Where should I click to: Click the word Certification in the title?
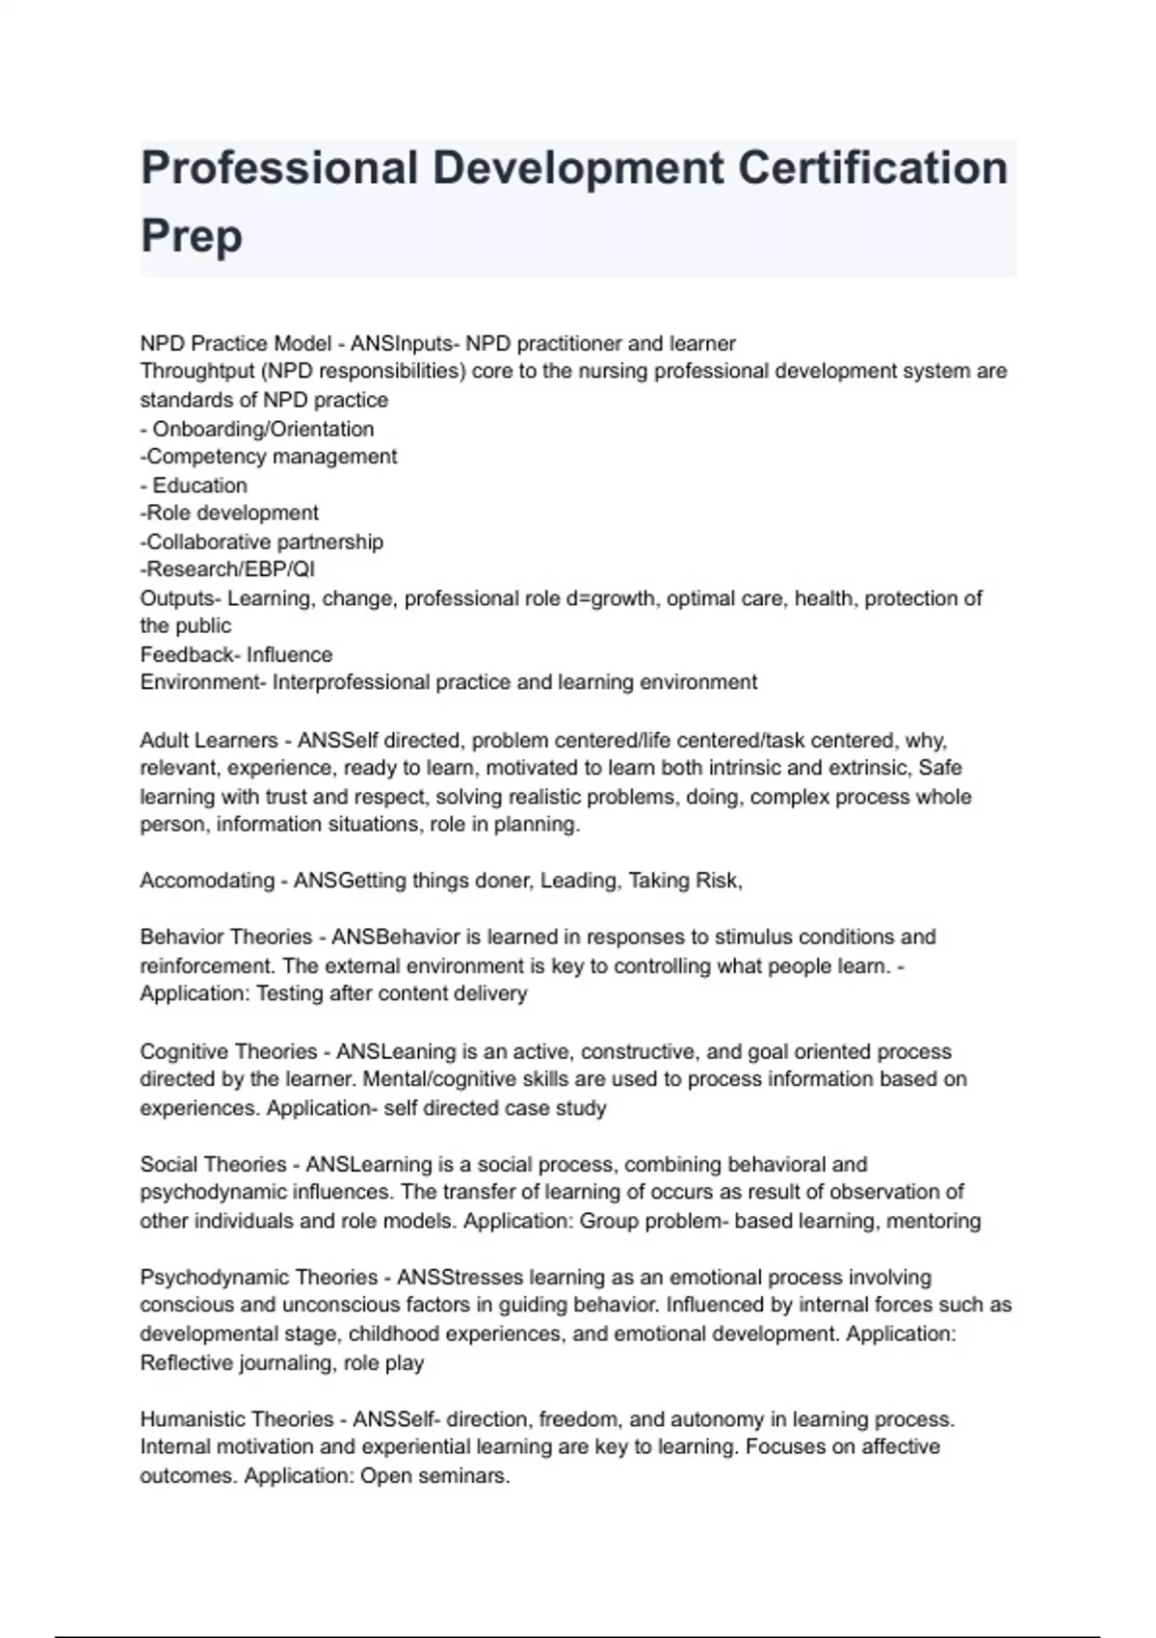873,169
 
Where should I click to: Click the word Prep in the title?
191,236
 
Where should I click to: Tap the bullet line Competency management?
271,457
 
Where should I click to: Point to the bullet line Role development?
231,513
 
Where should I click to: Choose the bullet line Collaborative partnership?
264,542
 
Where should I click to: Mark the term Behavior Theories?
226,938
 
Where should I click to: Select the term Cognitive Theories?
228,1051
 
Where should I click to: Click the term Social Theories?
213,1164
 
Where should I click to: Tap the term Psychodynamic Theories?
258,1278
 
